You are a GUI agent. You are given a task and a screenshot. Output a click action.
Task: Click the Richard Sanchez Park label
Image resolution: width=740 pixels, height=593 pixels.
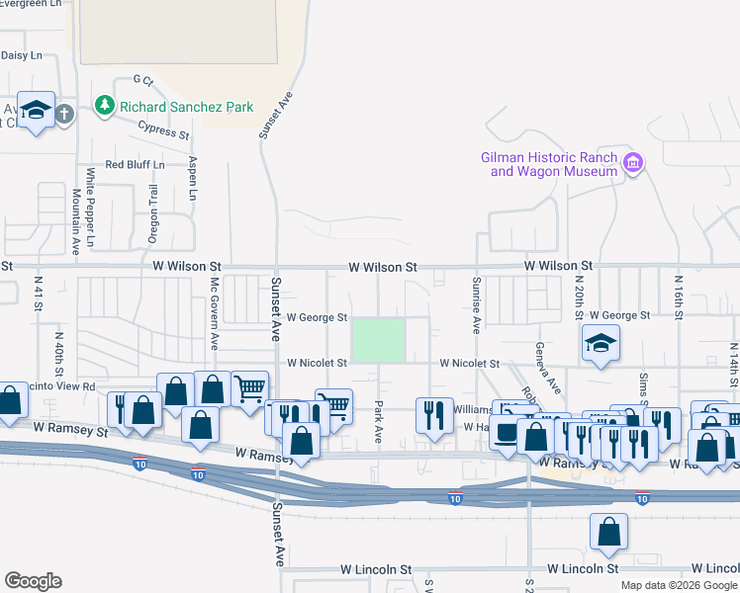[186, 107]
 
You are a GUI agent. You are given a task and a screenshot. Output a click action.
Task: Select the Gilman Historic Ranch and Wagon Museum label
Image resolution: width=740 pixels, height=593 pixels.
[548, 164]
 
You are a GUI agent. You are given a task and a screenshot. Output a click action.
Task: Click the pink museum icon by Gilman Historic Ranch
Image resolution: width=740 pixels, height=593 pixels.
[633, 161]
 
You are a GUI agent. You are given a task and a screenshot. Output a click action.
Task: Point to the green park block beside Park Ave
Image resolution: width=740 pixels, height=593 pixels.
[379, 340]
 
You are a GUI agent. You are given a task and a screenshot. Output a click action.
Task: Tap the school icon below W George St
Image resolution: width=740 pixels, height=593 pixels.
[601, 343]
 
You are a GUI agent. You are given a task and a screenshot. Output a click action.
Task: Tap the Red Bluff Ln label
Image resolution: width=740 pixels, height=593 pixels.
[134, 164]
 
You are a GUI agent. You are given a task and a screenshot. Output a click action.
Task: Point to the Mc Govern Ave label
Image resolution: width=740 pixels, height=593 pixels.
[214, 312]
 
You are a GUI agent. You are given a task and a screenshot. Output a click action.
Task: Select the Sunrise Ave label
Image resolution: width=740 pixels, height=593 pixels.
[476, 304]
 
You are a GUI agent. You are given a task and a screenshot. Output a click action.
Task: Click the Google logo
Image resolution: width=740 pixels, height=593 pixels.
[33, 581]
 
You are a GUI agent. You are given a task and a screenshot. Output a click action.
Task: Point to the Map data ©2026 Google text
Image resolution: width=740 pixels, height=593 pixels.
[678, 585]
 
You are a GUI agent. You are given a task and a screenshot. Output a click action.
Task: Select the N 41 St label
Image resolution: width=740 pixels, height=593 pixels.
[39, 290]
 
